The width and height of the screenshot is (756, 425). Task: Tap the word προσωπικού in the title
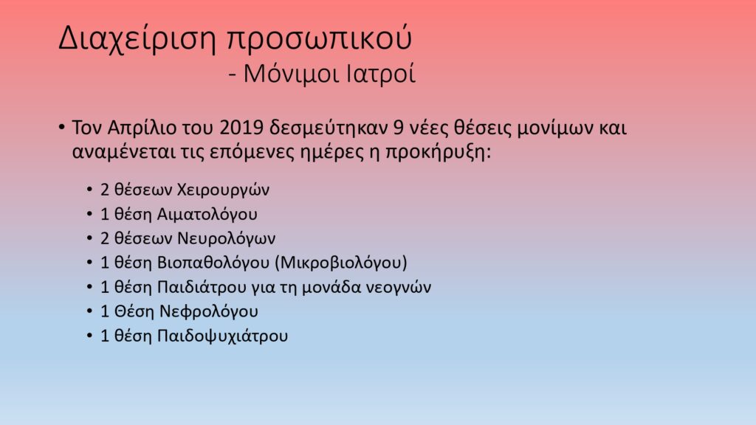[x=319, y=39]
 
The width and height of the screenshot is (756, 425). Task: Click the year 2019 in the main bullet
[x=241, y=128]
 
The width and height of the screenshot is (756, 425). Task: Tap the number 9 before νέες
[x=398, y=128]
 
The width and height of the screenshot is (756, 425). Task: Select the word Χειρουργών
[x=223, y=190]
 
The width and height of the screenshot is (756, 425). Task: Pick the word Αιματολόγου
[x=207, y=215]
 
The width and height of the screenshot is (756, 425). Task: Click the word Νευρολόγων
[x=226, y=238]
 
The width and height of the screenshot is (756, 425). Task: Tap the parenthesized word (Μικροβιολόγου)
[x=341, y=263]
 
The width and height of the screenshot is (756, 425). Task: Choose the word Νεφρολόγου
[x=209, y=312]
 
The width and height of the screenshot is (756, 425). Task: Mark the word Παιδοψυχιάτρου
[x=223, y=336]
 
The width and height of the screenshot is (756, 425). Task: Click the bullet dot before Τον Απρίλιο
[x=62, y=128]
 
